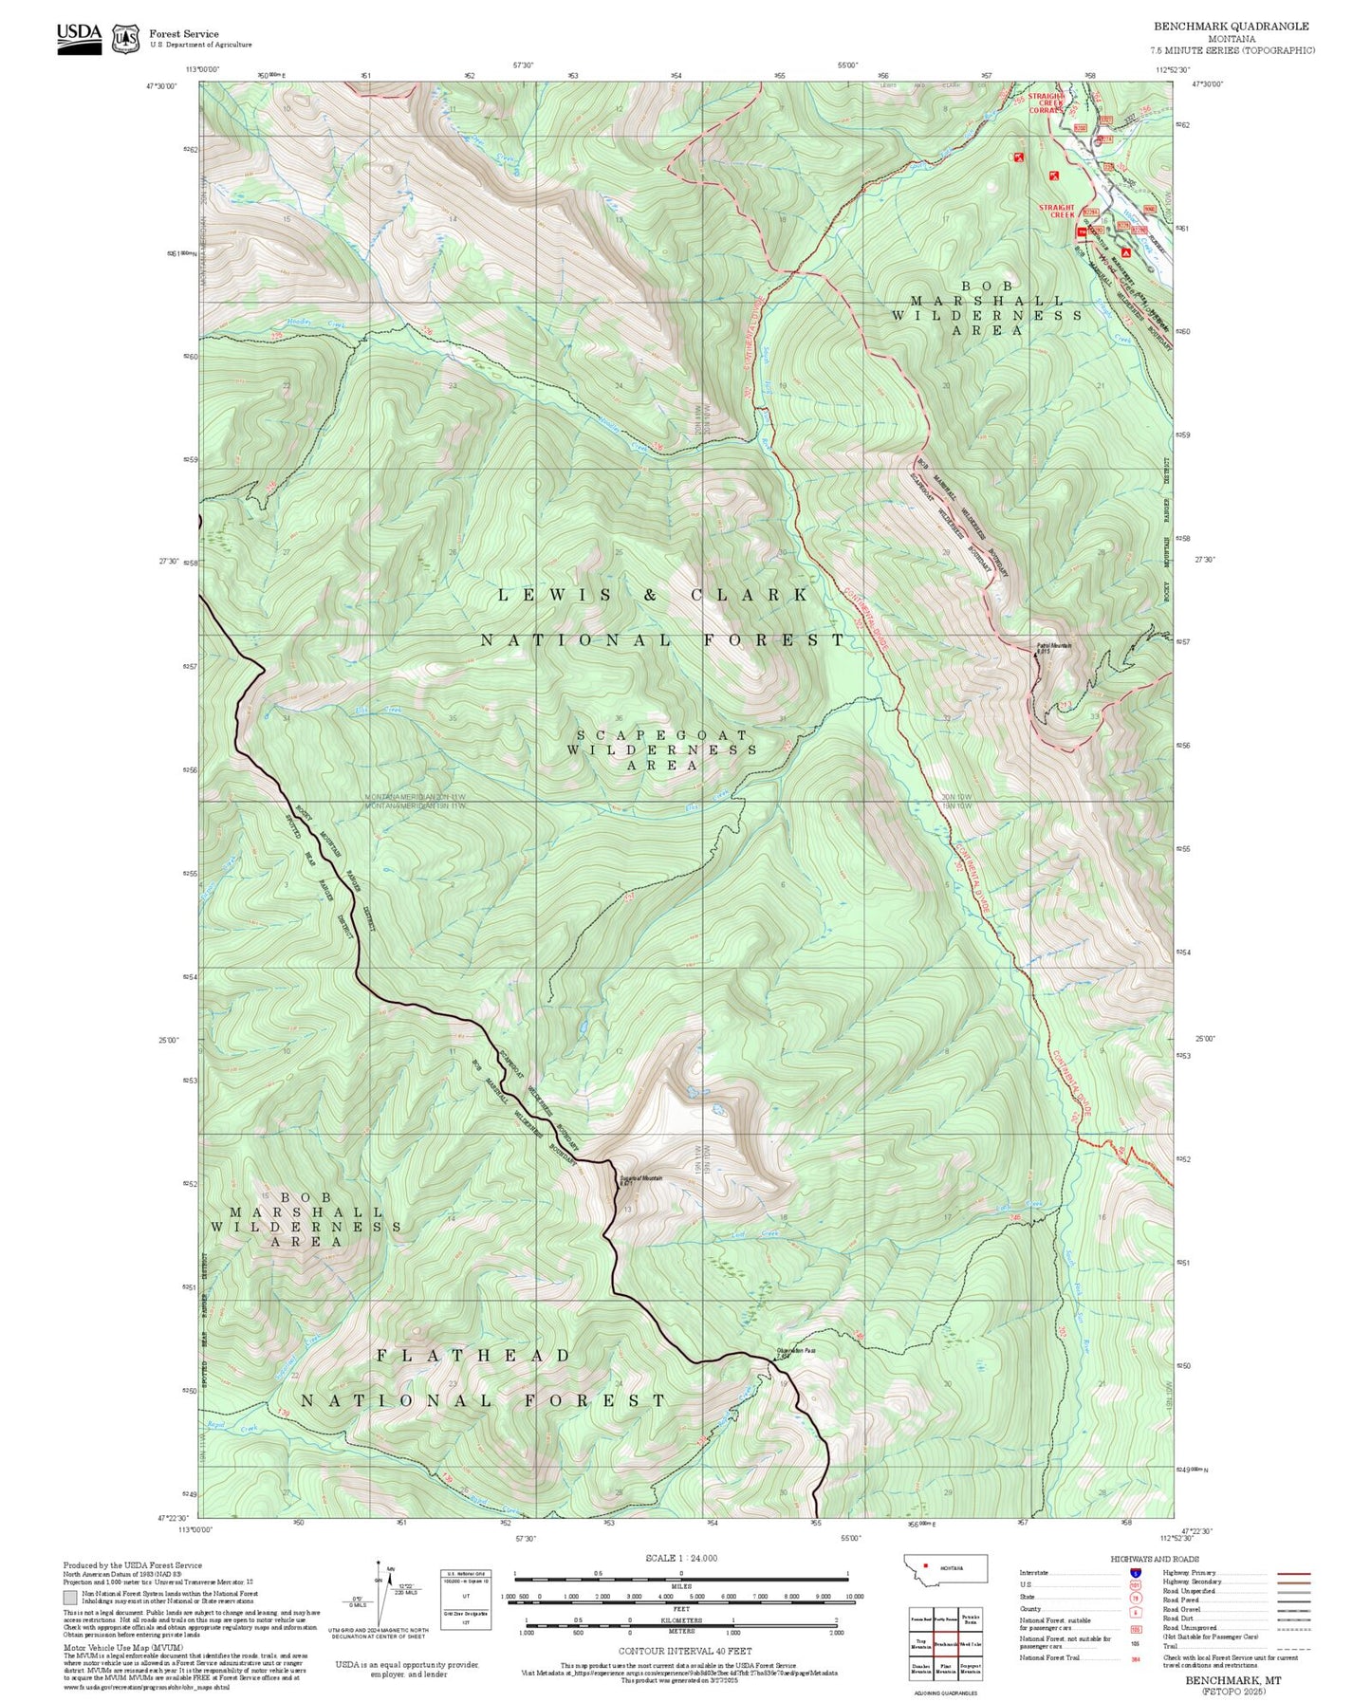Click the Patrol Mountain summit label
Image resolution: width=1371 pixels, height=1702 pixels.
(1053, 647)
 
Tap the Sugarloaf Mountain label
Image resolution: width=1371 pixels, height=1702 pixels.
(641, 1179)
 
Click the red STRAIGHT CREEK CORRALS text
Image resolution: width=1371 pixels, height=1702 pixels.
(1046, 102)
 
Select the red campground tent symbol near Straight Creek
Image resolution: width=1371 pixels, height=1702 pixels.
(1125, 253)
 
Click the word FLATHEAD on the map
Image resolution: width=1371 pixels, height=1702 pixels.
(472, 1356)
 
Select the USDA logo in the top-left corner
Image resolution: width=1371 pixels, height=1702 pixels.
(79, 38)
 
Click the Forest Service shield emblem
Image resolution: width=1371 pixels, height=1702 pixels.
(125, 39)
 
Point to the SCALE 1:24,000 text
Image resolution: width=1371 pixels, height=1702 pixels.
(680, 1558)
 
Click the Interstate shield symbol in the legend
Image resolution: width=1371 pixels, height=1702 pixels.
(1135, 1573)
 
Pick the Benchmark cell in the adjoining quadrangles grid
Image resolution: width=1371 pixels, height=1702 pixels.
(945, 1643)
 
